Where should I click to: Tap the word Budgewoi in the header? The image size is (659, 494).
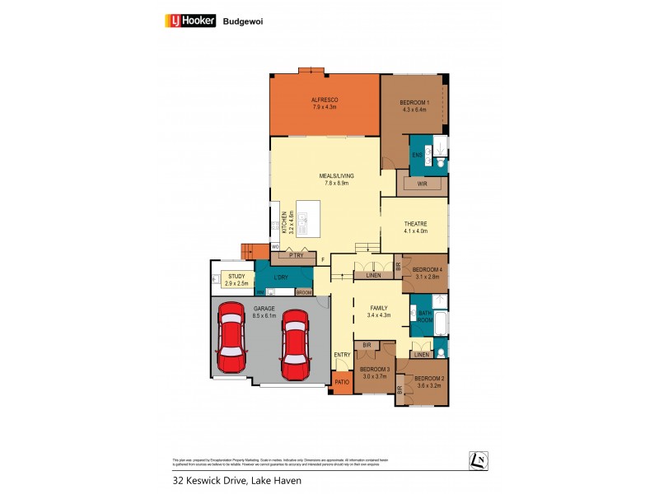[x=241, y=22]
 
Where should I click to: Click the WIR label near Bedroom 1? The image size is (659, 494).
[x=422, y=184]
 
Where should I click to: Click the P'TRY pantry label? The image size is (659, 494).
[x=296, y=256]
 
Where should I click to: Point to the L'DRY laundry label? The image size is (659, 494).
[x=283, y=277]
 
